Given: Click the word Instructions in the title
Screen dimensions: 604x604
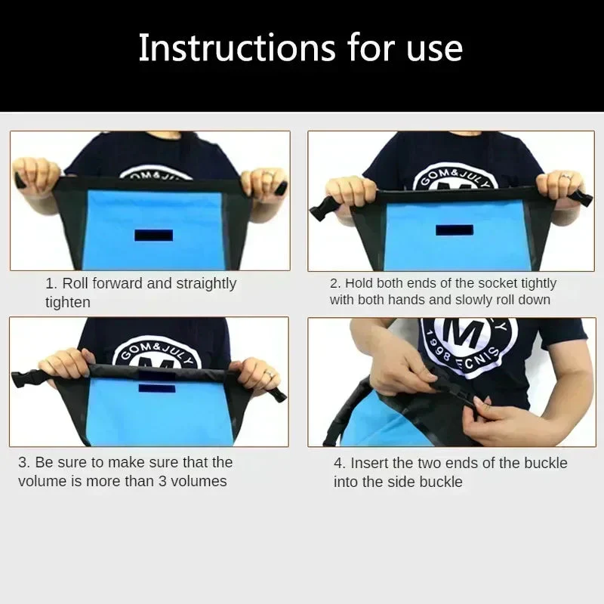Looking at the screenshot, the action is point(237,48).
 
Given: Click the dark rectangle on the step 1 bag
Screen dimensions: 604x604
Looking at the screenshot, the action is point(154,236).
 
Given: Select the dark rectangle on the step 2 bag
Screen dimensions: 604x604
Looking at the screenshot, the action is point(455,230).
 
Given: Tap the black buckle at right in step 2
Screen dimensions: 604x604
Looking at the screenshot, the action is point(581,199).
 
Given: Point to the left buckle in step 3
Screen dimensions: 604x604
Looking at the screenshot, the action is point(24,380).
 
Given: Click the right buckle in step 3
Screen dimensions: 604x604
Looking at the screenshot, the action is point(278,395).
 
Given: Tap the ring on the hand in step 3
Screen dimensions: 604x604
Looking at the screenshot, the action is point(270,374).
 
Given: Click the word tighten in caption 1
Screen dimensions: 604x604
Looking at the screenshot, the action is point(68,303).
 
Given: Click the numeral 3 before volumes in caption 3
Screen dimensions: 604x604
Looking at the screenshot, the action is point(162,482).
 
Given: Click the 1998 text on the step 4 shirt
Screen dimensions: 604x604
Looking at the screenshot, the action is point(438,346).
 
